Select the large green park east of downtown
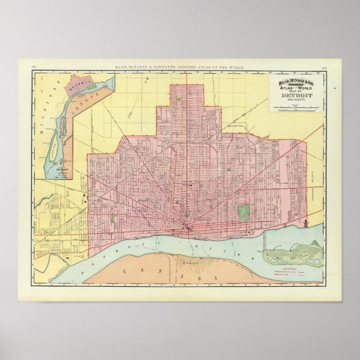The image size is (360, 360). click(x=243, y=212)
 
